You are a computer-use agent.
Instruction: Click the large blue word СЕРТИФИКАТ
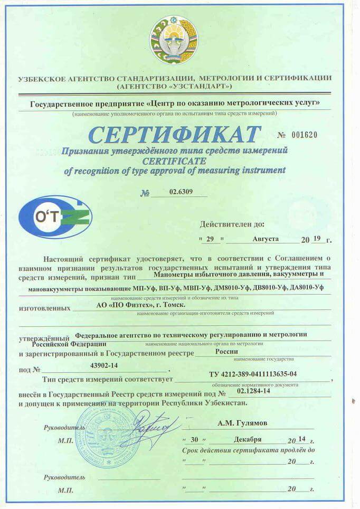coord(174,135)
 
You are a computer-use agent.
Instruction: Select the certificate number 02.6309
coord(177,193)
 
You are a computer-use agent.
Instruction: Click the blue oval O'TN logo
coord(55,217)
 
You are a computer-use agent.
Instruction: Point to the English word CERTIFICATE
coord(174,161)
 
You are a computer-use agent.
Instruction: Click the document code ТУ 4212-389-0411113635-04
coord(253,374)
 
